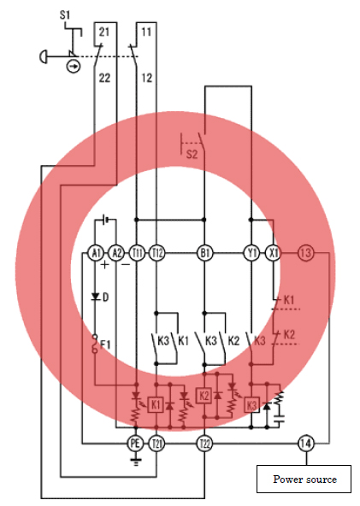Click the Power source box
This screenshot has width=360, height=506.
304,479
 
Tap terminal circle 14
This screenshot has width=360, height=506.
305,444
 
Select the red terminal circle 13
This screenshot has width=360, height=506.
305,253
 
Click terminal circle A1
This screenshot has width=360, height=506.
96,253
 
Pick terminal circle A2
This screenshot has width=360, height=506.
116,253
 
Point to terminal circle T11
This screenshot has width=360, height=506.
137,253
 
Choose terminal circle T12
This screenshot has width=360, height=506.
157,253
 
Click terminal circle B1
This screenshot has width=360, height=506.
204,253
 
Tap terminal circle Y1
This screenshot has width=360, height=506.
251,253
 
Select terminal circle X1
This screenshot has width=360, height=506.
273,253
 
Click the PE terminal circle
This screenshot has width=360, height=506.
136,444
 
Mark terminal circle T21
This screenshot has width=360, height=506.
156,444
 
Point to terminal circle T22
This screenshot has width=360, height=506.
204,444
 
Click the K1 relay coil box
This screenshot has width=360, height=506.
156,404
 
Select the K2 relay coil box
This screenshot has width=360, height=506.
204,395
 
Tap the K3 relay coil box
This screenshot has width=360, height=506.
251,404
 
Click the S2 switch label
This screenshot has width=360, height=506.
192,154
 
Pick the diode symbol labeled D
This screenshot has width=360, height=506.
95,297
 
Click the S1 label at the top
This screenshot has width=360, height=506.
65,15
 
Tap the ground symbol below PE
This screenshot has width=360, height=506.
136,462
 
